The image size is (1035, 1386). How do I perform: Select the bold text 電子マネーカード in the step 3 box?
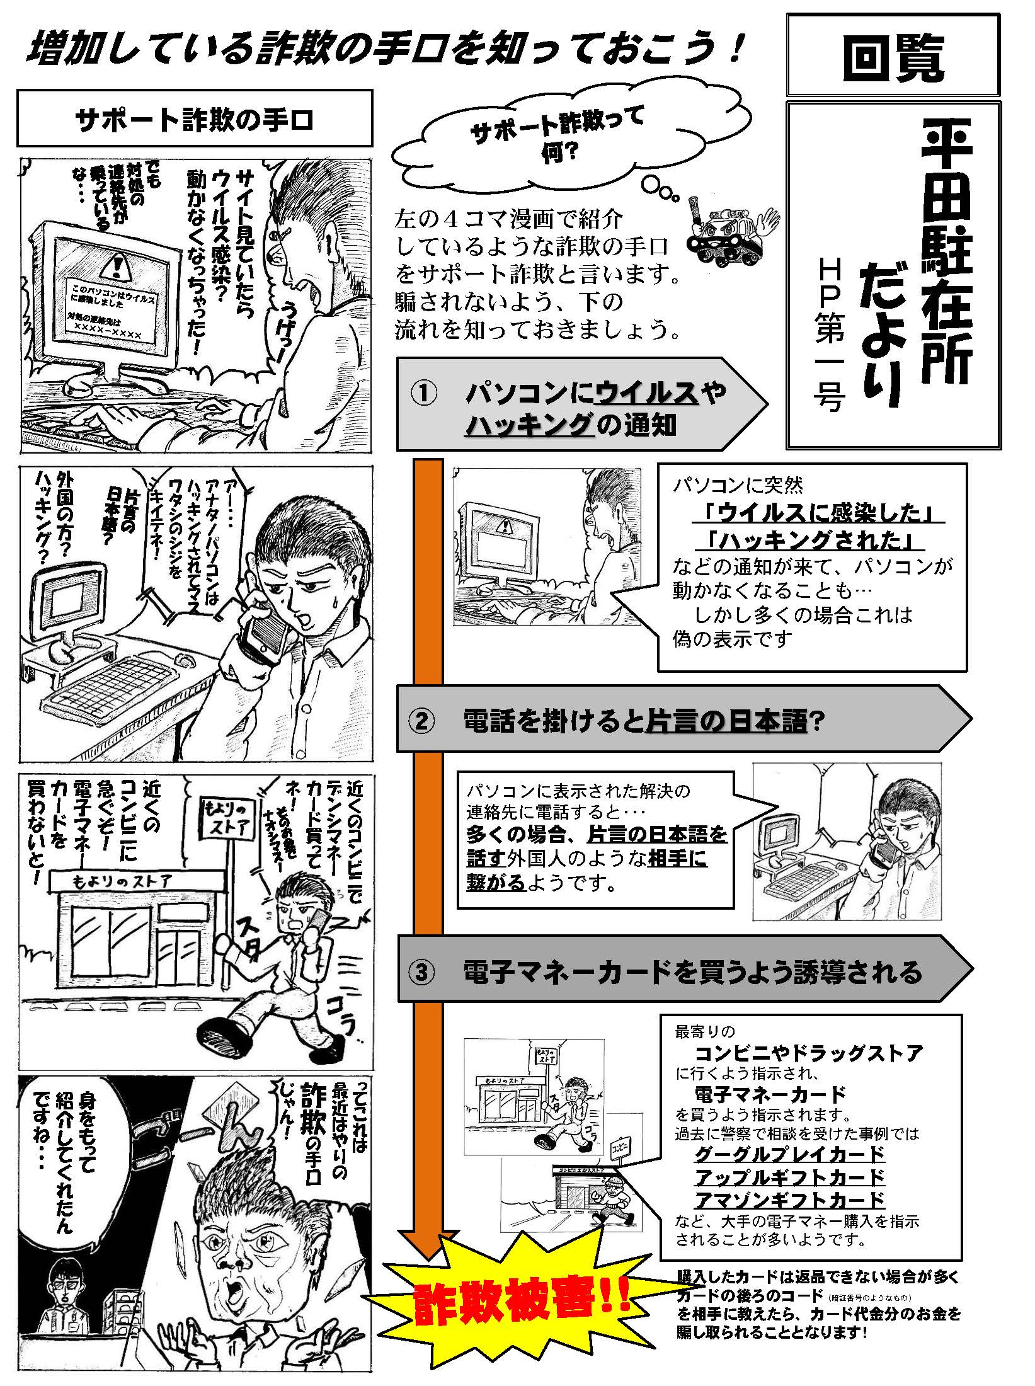click(770, 1092)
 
